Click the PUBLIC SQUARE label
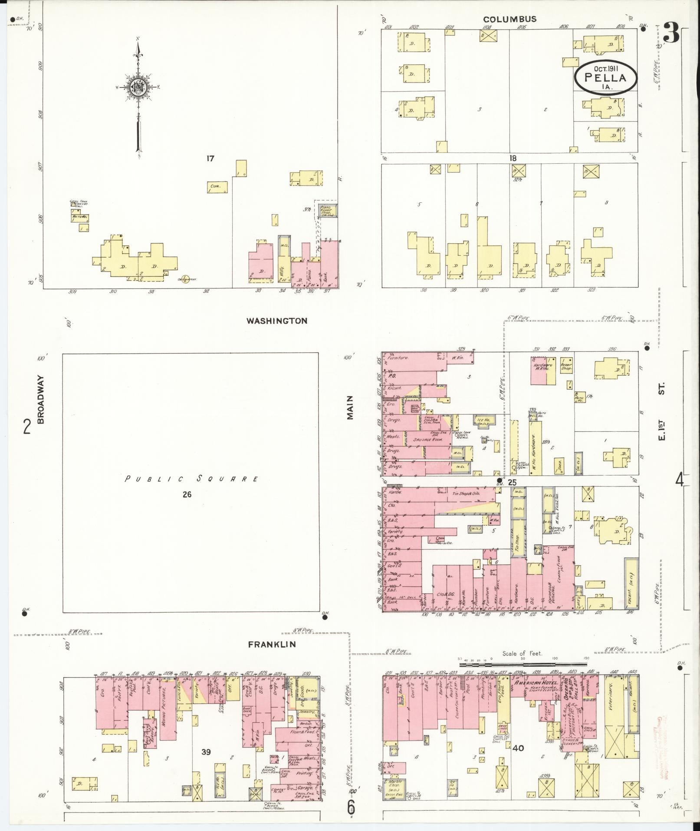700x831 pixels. [x=191, y=479]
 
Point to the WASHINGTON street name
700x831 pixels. [x=277, y=321]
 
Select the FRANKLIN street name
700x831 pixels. [x=272, y=644]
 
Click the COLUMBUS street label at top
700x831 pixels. [x=510, y=19]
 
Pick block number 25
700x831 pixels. [x=512, y=483]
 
